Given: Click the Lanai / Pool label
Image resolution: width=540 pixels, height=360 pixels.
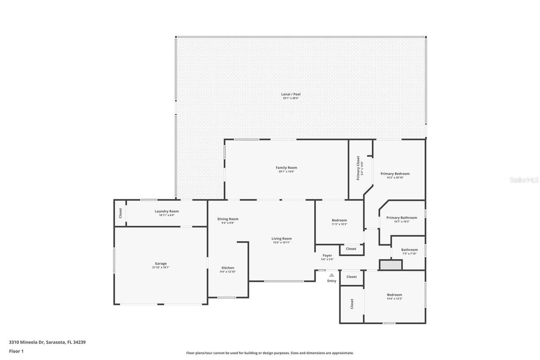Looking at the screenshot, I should pos(291,94).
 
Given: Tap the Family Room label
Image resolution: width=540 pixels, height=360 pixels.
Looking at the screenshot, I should pos(286,168).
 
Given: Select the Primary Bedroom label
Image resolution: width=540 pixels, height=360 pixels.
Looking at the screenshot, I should pos(395,173).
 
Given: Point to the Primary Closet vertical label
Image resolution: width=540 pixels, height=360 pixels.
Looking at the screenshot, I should pos(358,168).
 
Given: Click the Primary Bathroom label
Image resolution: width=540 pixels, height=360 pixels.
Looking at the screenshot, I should pos(402,218).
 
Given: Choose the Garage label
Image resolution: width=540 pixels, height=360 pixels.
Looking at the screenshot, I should pos(160,263).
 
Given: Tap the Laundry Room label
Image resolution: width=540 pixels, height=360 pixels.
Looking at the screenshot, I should pos(167,211).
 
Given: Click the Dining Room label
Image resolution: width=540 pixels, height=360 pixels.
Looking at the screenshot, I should pos(228,219).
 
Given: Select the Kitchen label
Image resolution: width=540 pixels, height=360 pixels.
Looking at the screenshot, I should pos(228,268).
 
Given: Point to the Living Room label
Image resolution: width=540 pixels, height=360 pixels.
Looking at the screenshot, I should pos(281,238).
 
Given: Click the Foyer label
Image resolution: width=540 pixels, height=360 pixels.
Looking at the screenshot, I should pos(327,255).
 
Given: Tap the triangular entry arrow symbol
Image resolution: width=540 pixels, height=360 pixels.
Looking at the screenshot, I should pos(332,275).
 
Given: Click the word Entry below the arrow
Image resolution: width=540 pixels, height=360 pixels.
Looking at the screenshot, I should pos(332,281).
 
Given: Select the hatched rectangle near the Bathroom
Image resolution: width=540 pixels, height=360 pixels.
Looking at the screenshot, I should pos(391,265).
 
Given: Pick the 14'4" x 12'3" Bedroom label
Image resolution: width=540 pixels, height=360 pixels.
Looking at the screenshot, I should pos(394,295).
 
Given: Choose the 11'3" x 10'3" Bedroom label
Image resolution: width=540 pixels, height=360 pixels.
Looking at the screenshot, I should pos(339,220).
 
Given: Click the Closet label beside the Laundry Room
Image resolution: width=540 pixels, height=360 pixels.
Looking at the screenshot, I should pos(120,213).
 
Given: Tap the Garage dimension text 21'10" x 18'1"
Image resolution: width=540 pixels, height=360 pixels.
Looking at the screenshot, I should pos(160,268).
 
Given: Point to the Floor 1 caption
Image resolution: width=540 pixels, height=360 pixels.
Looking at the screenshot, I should pos(16,351).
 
